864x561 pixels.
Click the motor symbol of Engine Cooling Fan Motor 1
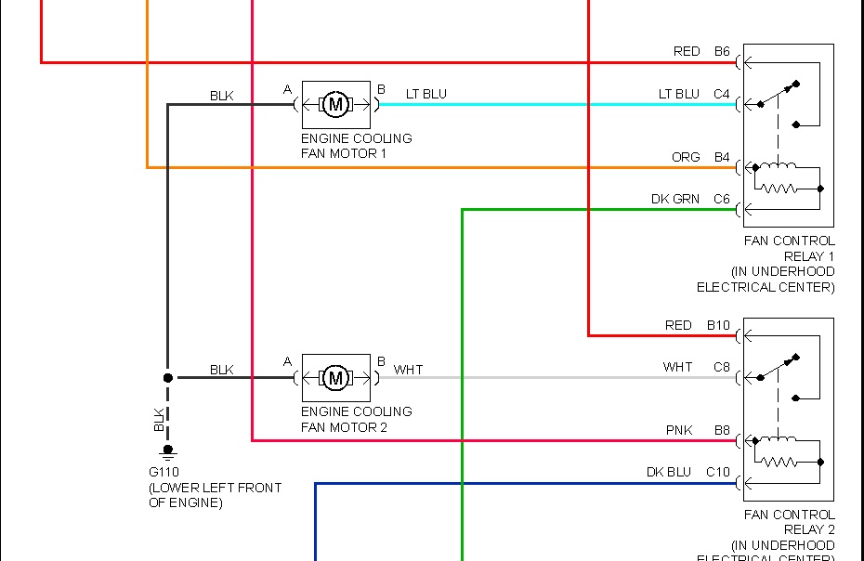(x=336, y=105)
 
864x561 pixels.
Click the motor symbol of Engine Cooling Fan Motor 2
(x=336, y=378)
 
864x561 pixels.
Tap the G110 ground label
(x=164, y=472)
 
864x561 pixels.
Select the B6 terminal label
(x=722, y=51)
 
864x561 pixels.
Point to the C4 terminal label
(x=722, y=94)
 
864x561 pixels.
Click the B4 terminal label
(x=722, y=157)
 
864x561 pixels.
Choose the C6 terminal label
(x=722, y=199)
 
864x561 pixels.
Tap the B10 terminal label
(x=718, y=325)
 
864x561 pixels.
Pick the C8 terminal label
(x=722, y=367)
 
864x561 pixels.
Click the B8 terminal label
(x=722, y=430)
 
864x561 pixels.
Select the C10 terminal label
(x=718, y=472)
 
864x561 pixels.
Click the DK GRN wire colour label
(x=675, y=199)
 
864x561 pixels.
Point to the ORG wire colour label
(x=686, y=157)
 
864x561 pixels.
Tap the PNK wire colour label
(x=679, y=430)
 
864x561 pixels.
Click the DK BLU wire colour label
(x=669, y=472)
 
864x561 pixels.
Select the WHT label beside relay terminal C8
(x=677, y=367)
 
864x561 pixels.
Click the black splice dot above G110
(x=168, y=378)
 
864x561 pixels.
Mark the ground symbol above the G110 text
(x=168, y=452)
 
